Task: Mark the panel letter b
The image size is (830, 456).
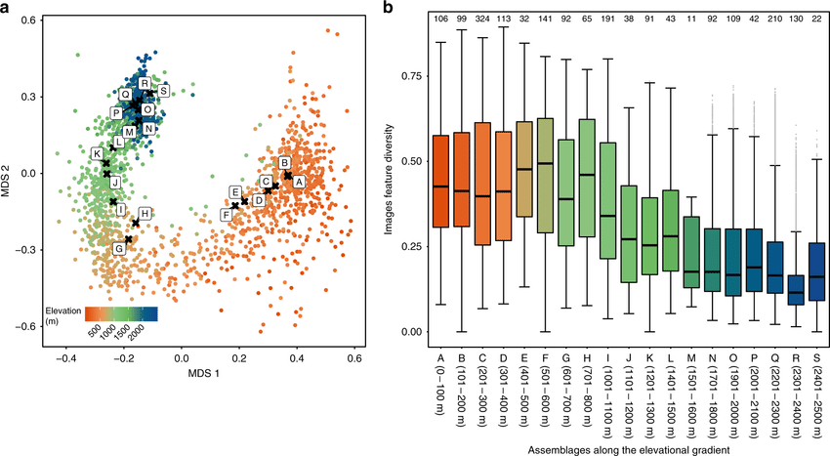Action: pyautogui.click(x=389, y=10)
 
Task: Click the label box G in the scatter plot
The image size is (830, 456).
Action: pyautogui.click(x=119, y=249)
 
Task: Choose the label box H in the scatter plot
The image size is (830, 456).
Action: pyautogui.click(x=145, y=213)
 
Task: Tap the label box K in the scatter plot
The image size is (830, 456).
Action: pyautogui.click(x=97, y=154)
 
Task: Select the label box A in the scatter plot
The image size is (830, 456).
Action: pyautogui.click(x=298, y=181)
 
